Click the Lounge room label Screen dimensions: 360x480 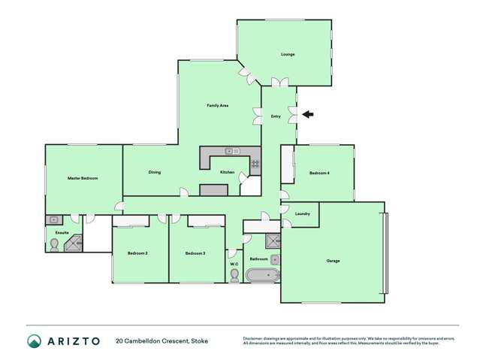point(288,54)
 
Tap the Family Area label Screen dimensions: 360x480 point(218,105)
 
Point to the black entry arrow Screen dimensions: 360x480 point(309,114)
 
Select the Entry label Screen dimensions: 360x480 point(276,116)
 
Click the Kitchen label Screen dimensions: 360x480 point(228,172)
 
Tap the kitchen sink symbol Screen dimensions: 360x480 point(232,152)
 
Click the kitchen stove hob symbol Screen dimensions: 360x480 point(255,163)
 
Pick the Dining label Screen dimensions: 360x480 point(154,172)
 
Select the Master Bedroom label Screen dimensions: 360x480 point(83,178)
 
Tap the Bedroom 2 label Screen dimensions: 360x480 point(137,253)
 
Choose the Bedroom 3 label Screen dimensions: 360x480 point(195,253)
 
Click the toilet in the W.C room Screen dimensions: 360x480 point(234,275)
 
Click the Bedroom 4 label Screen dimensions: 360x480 point(319,174)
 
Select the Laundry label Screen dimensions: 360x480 point(303,213)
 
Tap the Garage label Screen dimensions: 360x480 point(333,261)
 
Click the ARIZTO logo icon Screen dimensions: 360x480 point(35,341)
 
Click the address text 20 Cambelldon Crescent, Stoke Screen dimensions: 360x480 point(162,341)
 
